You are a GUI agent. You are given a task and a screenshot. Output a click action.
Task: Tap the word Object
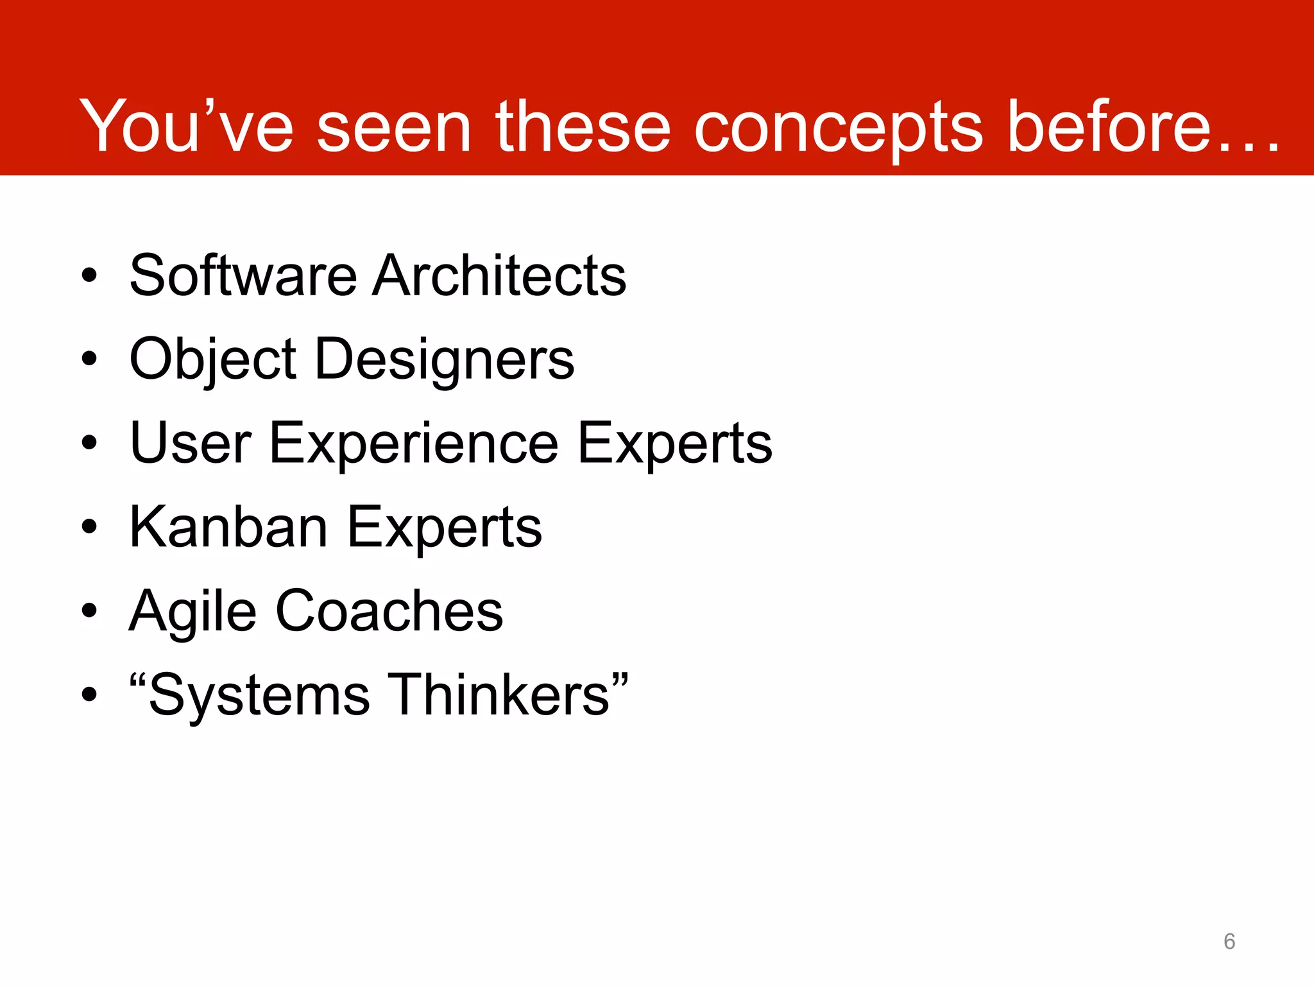tap(212, 359)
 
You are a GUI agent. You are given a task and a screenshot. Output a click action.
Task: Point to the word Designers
tap(445, 359)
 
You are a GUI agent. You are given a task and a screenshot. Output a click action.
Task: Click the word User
tap(191, 443)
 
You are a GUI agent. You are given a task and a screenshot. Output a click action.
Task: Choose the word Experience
tap(414, 443)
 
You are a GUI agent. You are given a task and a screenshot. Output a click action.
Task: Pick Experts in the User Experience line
tap(674, 443)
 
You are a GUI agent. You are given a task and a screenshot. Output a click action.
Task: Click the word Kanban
tap(228, 527)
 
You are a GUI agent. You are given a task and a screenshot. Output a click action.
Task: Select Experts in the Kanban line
tap(445, 527)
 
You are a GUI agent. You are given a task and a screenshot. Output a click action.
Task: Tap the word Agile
tap(192, 611)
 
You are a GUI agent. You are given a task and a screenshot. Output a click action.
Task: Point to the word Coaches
tap(389, 611)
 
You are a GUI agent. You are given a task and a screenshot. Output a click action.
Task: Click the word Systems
tap(259, 695)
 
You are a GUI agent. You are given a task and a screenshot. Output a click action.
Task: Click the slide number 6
tap(1229, 941)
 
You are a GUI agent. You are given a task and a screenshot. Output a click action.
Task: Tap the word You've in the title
tap(186, 126)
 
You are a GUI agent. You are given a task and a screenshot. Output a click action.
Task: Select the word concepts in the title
tap(838, 126)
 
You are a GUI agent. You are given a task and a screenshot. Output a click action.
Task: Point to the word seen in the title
tap(394, 126)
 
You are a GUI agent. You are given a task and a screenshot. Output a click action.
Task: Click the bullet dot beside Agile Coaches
tap(89, 611)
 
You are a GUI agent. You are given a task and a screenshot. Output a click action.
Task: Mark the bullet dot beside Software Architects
tap(89, 276)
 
